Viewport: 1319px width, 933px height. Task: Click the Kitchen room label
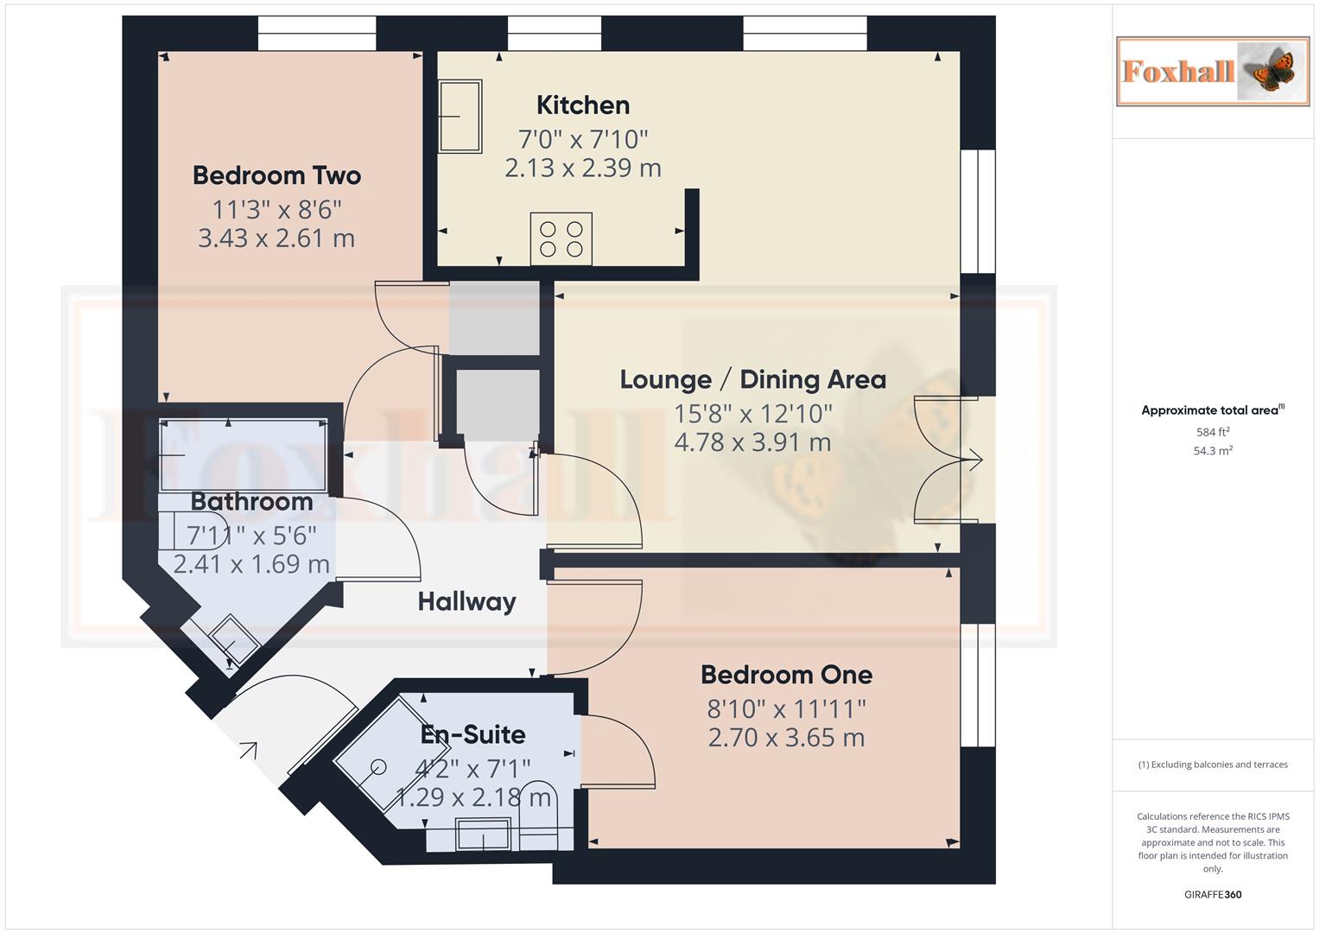click(583, 105)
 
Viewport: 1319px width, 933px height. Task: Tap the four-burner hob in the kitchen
click(561, 239)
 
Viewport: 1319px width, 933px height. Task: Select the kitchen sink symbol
click(460, 116)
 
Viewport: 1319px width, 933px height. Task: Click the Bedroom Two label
click(276, 175)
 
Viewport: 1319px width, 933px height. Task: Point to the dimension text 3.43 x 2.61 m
click(276, 238)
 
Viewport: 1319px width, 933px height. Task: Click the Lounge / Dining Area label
click(752, 379)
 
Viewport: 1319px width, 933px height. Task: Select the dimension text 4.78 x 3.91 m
click(752, 442)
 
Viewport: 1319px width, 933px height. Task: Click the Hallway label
click(466, 601)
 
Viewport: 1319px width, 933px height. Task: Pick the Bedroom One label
click(786, 674)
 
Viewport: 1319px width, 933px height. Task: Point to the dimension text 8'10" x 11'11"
click(786, 708)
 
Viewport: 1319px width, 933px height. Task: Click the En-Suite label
click(472, 734)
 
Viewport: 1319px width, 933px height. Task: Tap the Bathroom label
click(251, 501)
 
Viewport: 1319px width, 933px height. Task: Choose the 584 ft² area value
click(1213, 432)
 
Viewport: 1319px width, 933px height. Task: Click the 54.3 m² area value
click(1213, 451)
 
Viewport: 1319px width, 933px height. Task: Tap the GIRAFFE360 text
click(1213, 894)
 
